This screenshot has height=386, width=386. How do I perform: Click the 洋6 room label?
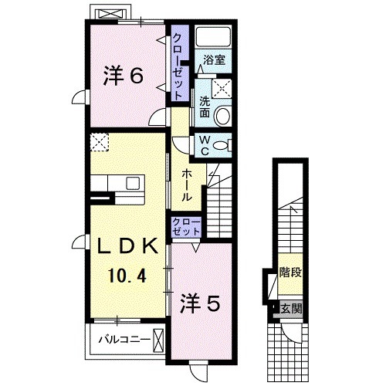(123, 76)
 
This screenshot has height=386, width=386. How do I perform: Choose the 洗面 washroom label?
(205, 107)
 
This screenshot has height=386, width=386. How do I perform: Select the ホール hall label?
(187, 185)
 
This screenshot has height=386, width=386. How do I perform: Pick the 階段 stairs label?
(289, 274)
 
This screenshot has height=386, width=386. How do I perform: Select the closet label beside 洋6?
(178, 65)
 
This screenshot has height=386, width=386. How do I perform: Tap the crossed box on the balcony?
(158, 338)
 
